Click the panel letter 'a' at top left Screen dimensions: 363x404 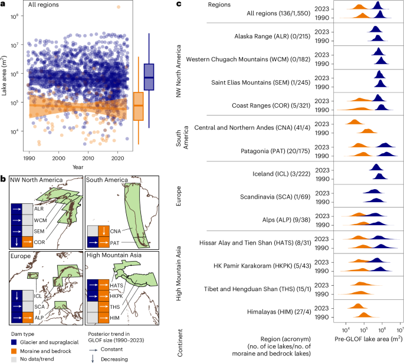click(5, 4)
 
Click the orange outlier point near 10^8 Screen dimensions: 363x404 click(119, 7)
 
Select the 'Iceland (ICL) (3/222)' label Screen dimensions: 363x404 click(270, 173)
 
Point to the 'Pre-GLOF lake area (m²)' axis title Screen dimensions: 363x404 click(369, 338)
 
